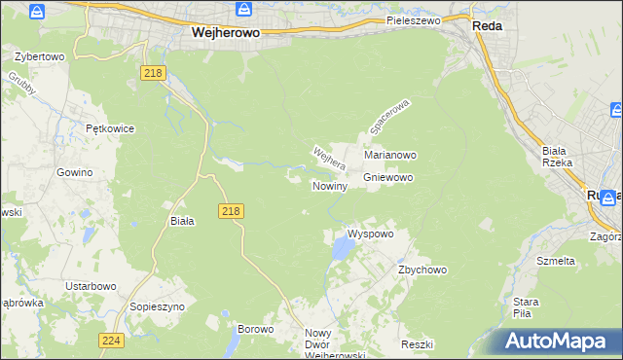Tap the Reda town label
click(x=487, y=27)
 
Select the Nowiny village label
click(x=330, y=186)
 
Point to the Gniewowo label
click(x=388, y=178)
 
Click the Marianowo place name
click(x=390, y=155)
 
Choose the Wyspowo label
click(x=370, y=234)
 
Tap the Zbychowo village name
click(x=421, y=270)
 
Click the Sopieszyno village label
click(x=156, y=306)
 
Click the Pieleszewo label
click(x=413, y=19)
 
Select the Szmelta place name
click(x=556, y=261)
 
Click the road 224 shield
click(x=110, y=340)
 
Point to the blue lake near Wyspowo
click(x=343, y=250)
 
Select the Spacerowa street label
click(x=390, y=116)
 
